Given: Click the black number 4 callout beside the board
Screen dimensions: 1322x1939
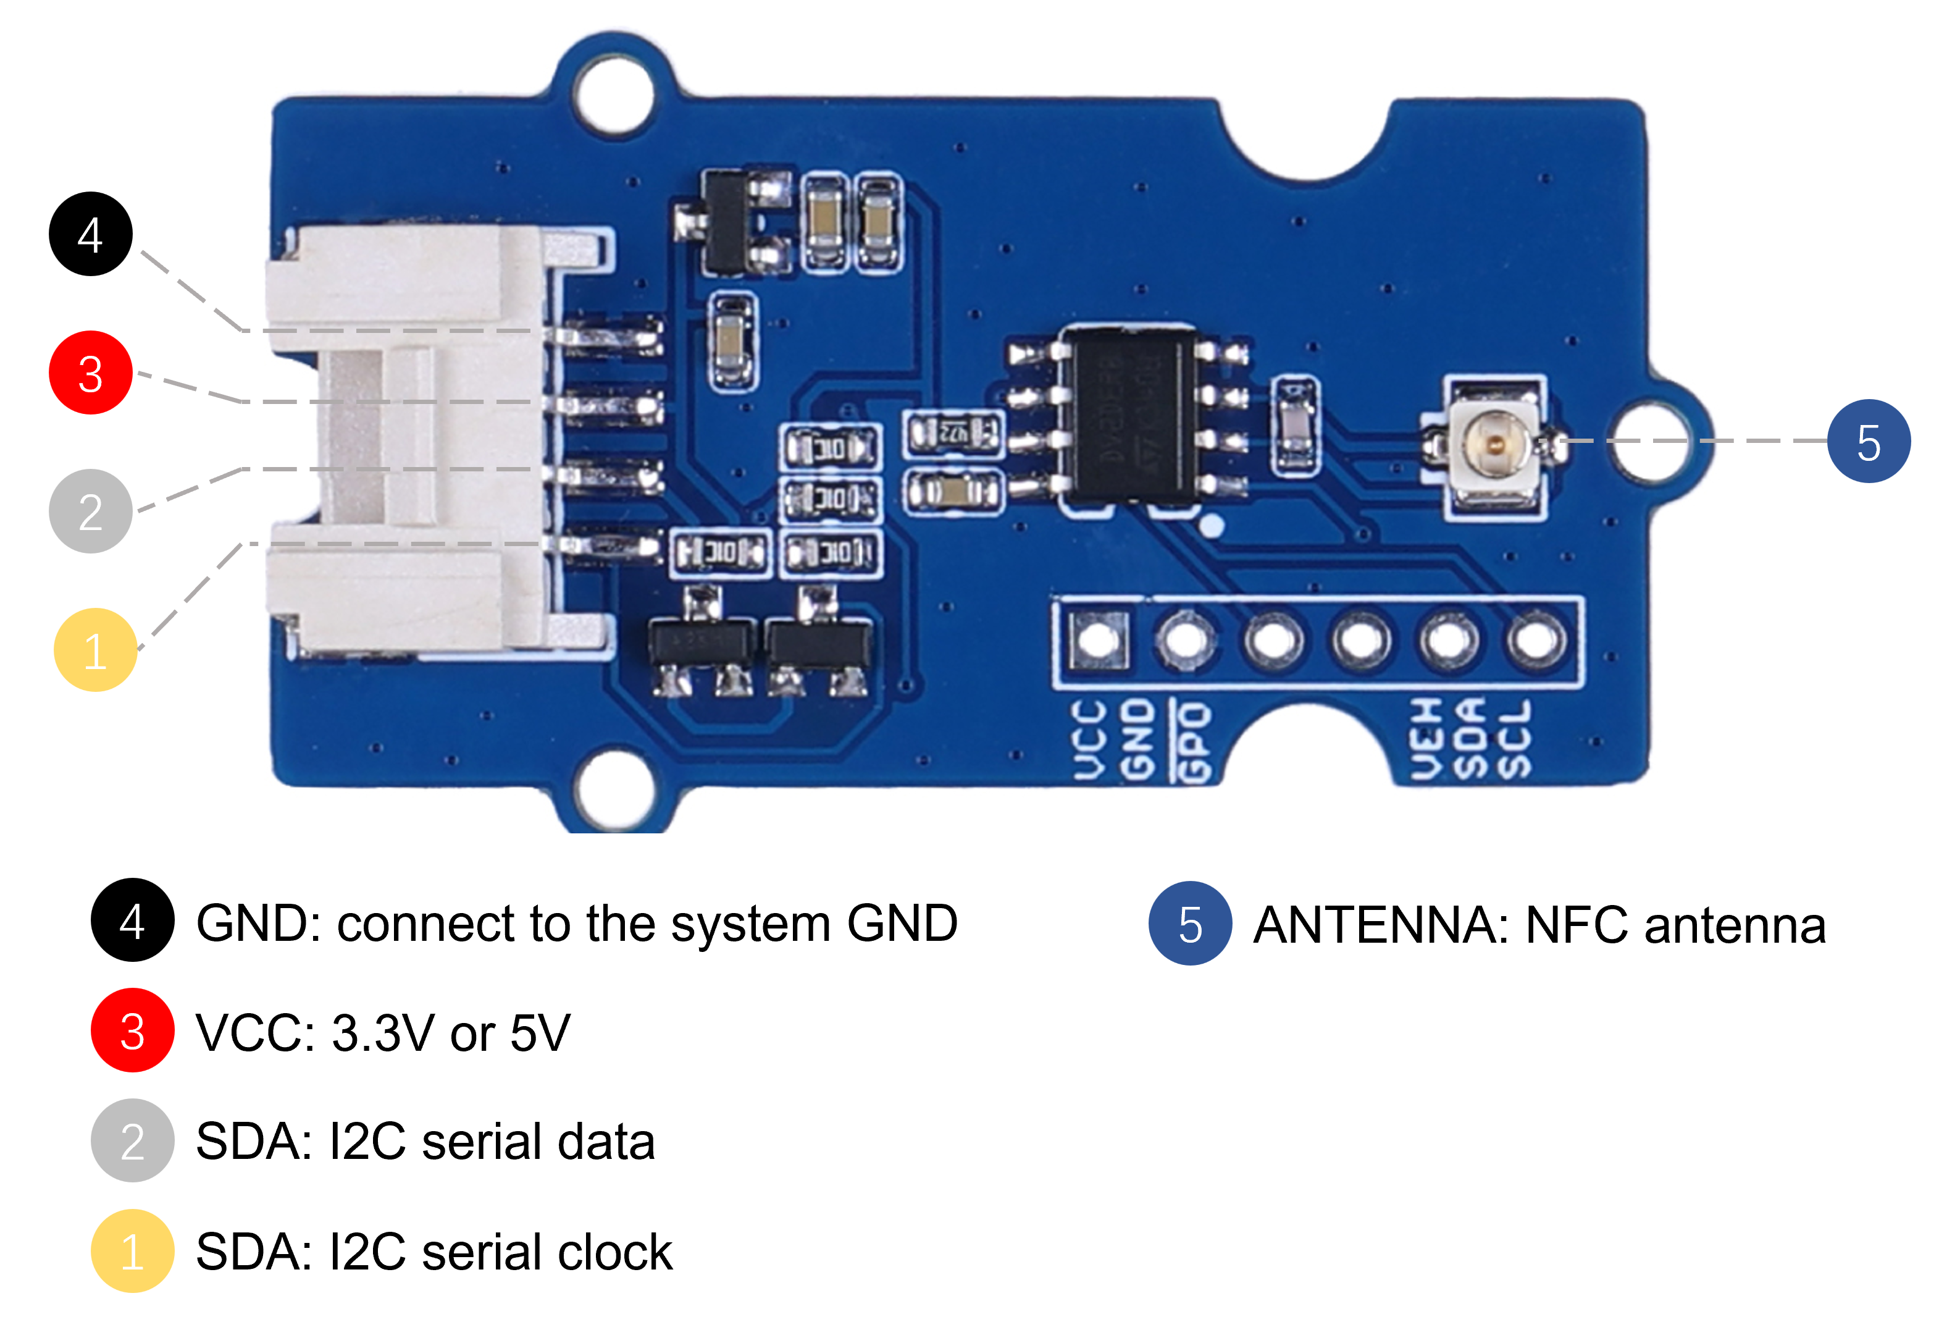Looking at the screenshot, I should click(x=90, y=234).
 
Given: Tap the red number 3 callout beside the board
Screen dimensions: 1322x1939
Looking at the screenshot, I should click(x=90, y=373).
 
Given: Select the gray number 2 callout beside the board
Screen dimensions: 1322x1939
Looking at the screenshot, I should click(x=90, y=511).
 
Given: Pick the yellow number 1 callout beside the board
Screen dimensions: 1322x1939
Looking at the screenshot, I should click(x=95, y=649).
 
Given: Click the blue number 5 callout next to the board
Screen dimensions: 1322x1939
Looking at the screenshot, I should click(x=1868, y=442).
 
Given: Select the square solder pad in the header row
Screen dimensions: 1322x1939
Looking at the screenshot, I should click(x=1098, y=641).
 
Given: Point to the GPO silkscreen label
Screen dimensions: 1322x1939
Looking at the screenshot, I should click(x=1195, y=741).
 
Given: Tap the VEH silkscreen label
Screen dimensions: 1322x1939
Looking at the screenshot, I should click(x=1426, y=739).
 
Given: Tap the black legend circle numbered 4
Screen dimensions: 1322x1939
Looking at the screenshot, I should click(x=132, y=920).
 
